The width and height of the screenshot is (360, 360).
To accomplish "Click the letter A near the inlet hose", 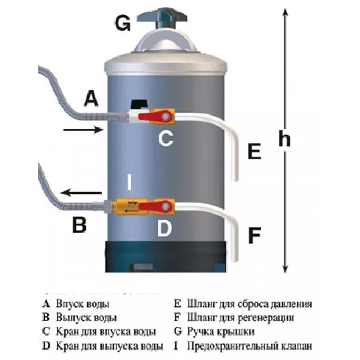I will pos(91,98).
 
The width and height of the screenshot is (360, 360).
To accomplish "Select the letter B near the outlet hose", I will pos(79,226).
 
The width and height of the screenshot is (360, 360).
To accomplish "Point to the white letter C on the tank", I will pos(165,138).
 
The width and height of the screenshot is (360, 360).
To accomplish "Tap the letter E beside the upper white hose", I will pos(254,151).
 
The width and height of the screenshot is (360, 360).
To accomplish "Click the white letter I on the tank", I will pos(129,183).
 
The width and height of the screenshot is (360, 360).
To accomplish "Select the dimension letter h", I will pos(284,139).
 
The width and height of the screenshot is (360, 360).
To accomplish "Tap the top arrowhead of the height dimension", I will pos(285,13).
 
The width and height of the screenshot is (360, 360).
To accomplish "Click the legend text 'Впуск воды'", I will pos(82,304).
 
